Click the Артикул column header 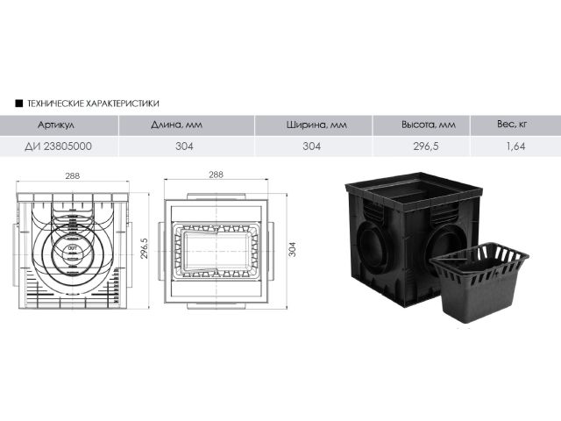click(x=56, y=125)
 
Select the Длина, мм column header click(x=176, y=125)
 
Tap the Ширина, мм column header click(x=316, y=125)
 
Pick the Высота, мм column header click(x=429, y=125)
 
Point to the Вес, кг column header click(x=512, y=125)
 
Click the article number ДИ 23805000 click(x=58, y=146)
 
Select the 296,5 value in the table click(x=426, y=146)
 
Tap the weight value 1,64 click(x=515, y=146)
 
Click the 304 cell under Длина click(x=184, y=146)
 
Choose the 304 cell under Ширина click(x=312, y=146)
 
